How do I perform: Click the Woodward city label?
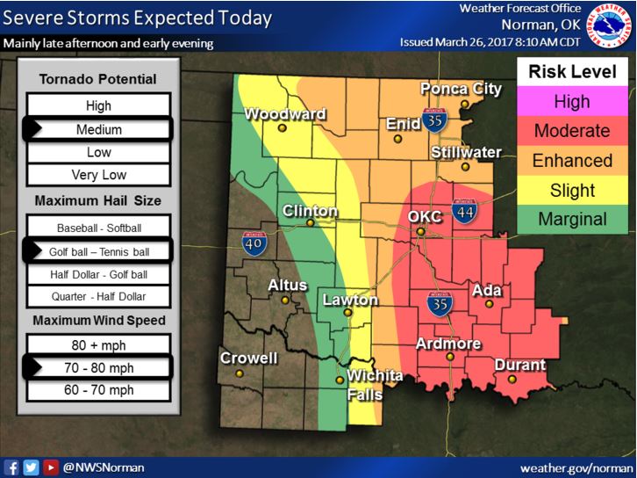click(285, 114)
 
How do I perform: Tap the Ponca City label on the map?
click(461, 89)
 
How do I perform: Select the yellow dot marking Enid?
click(397, 139)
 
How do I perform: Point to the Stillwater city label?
click(466, 152)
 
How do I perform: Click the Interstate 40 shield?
click(255, 243)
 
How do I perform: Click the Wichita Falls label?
click(375, 385)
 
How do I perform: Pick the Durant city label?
click(520, 365)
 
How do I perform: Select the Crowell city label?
click(248, 358)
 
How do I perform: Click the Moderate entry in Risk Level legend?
click(571, 131)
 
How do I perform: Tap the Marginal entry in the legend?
click(571, 219)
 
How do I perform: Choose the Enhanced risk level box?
click(571, 161)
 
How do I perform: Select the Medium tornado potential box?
click(98, 129)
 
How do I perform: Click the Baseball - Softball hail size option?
click(98, 228)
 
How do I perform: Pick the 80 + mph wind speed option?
click(98, 345)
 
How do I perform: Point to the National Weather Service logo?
click(610, 26)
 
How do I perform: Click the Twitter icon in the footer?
click(31, 467)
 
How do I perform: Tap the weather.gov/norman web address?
click(575, 468)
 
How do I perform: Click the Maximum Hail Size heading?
click(98, 201)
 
